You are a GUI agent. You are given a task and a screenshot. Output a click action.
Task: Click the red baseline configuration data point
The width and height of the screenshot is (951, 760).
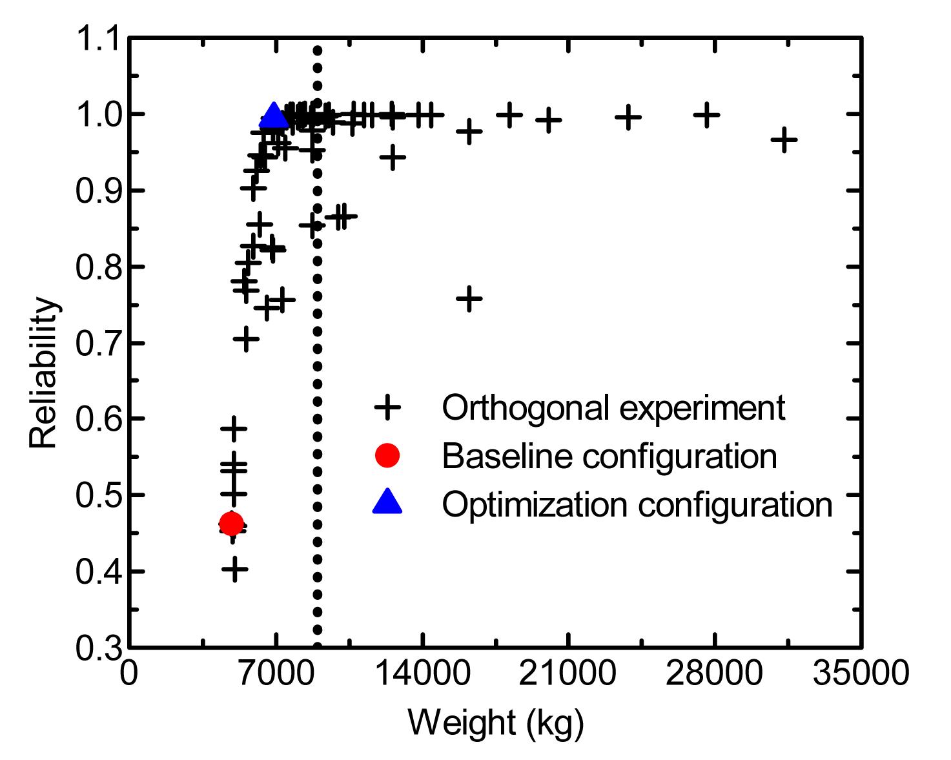pyautogui.click(x=231, y=523)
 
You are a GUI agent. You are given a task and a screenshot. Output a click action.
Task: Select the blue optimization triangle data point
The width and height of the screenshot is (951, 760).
pyautogui.click(x=273, y=117)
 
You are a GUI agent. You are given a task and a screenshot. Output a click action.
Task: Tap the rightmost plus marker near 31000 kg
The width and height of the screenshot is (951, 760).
pyautogui.click(x=784, y=139)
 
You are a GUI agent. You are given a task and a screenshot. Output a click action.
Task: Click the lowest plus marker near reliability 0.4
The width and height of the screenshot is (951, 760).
pyautogui.click(x=234, y=570)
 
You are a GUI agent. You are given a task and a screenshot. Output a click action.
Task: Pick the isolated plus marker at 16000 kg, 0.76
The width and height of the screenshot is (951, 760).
pyautogui.click(x=469, y=298)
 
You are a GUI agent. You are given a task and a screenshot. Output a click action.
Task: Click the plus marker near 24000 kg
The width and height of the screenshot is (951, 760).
pyautogui.click(x=628, y=117)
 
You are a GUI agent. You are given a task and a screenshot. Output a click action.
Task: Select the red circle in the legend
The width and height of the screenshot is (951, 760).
pyautogui.click(x=387, y=455)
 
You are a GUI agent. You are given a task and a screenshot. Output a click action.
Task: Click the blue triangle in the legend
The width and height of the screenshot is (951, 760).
pyautogui.click(x=387, y=502)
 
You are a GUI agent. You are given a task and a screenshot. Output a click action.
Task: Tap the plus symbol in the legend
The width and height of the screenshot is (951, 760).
pyautogui.click(x=387, y=407)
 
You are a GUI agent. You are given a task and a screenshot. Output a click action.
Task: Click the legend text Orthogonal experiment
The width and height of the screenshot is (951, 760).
pyautogui.click(x=613, y=407)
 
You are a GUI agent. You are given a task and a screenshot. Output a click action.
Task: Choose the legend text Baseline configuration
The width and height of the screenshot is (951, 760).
pyautogui.click(x=609, y=456)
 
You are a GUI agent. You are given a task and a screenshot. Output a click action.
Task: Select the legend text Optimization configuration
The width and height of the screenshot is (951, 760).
pyautogui.click(x=637, y=504)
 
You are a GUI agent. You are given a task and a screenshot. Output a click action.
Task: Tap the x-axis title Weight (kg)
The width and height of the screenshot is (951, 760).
pyautogui.click(x=495, y=723)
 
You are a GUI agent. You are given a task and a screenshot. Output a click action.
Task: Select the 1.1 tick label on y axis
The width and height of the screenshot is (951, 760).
pyautogui.click(x=97, y=39)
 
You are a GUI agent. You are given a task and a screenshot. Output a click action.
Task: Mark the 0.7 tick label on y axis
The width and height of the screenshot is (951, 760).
pyautogui.click(x=97, y=343)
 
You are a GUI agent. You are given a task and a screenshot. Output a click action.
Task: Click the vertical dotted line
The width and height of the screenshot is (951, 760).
pyautogui.click(x=317, y=387)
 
